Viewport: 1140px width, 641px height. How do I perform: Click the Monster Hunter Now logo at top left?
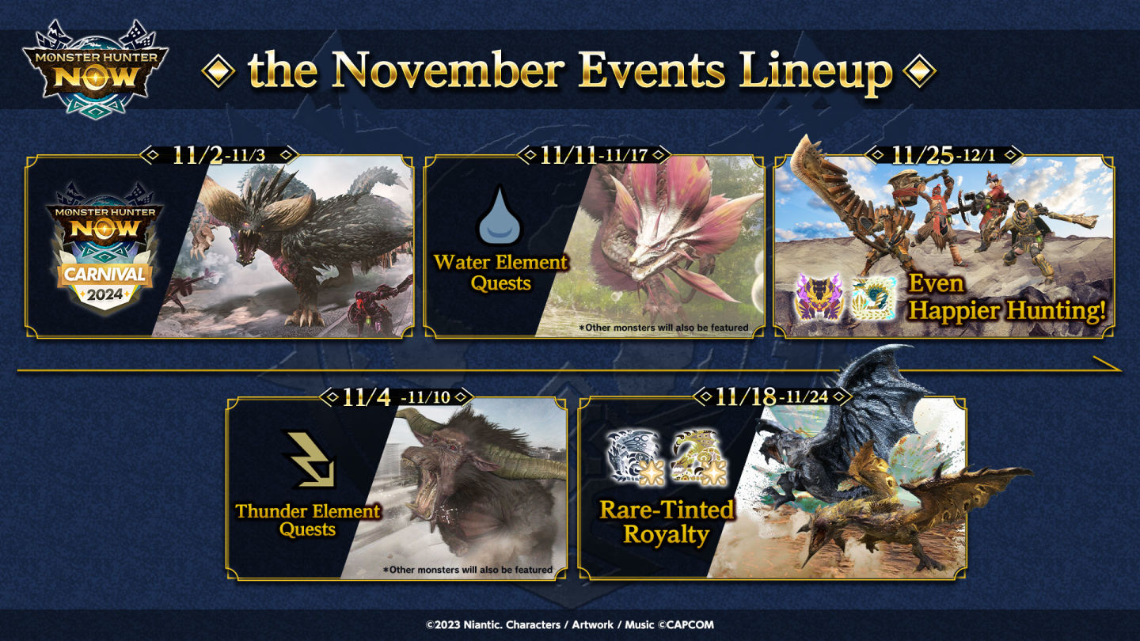pos(95,69)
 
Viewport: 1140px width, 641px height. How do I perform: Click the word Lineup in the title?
pos(815,72)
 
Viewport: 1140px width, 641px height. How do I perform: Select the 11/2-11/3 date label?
pos(218,154)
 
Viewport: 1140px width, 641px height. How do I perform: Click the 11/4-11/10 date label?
pos(396,396)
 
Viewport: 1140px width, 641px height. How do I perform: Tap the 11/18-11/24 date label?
pos(772,396)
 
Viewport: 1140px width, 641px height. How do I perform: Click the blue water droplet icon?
pos(500,216)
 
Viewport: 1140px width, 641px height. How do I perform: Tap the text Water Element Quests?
pos(500,273)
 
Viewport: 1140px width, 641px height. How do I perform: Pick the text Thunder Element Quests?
pos(307,520)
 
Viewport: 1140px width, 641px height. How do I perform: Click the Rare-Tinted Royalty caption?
pos(667,522)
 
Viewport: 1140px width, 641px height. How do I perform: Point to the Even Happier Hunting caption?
pos(1007,298)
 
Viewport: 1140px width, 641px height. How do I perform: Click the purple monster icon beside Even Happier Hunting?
pos(819,297)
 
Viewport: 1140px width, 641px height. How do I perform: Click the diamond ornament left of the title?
pos(218,70)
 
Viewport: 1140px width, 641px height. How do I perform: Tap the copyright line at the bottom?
pos(570,624)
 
